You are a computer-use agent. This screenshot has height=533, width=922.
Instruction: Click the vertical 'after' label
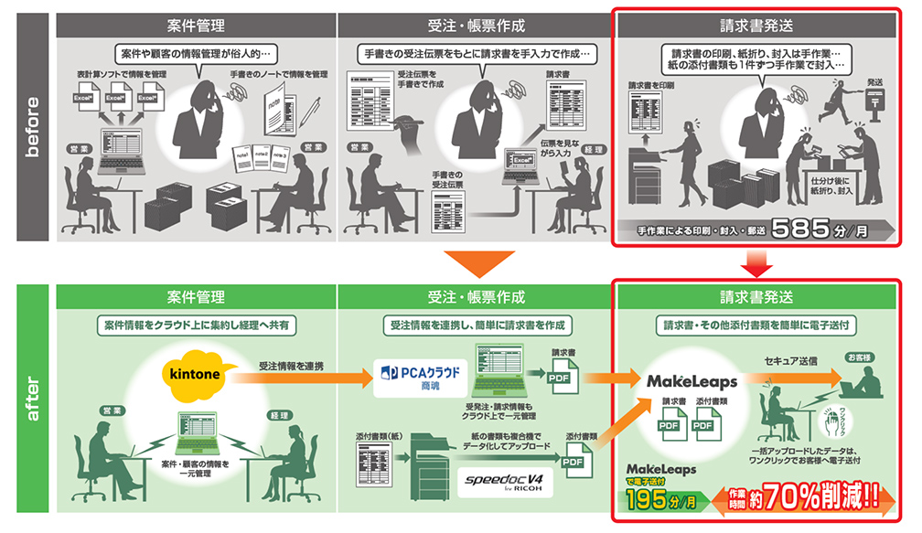pos(31,400)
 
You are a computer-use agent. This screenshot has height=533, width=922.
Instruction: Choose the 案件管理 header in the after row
pos(197,297)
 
